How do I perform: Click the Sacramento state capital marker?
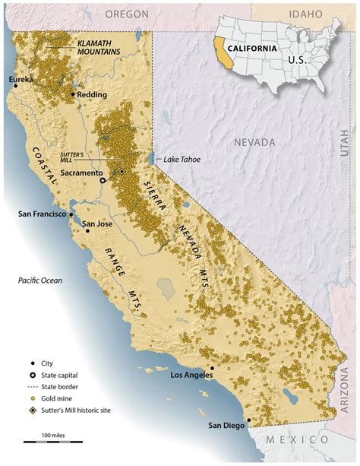[x=103, y=181]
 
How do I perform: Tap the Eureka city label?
[x=21, y=79]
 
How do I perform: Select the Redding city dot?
[x=72, y=94]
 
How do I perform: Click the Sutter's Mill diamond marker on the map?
[x=122, y=172]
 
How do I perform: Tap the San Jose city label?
[x=99, y=224]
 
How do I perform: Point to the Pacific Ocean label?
[x=40, y=281]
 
